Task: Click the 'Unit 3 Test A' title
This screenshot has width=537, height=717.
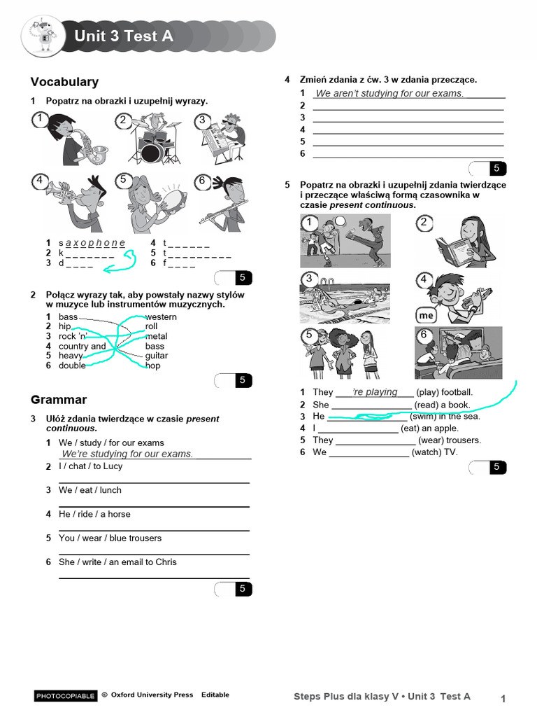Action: tap(124, 36)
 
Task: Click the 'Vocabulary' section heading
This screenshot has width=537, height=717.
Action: tap(64, 82)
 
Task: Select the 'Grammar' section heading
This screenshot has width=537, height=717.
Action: tap(59, 400)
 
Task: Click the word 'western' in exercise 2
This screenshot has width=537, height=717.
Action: tap(161, 317)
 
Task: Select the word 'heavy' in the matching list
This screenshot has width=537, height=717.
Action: tap(71, 356)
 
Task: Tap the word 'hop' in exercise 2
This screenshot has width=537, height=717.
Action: tap(152, 366)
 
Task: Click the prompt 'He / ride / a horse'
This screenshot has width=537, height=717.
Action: tap(94, 514)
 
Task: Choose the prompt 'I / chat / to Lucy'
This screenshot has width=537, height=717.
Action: tap(90, 466)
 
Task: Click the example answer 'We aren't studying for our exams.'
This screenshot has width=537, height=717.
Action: tap(389, 93)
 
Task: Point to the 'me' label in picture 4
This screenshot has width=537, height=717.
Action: tap(427, 316)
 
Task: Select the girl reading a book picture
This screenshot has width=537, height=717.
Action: tap(458, 241)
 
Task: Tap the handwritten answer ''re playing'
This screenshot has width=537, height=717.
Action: tap(375, 392)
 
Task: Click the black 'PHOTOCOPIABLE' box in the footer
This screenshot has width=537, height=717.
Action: tap(66, 696)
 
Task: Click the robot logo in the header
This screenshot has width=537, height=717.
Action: tap(43, 36)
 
